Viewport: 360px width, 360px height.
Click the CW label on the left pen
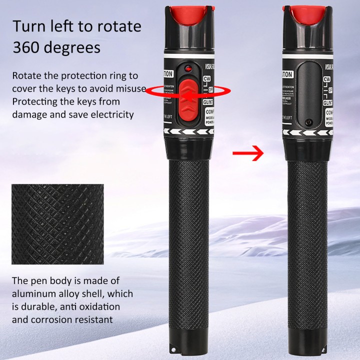pos(208,79)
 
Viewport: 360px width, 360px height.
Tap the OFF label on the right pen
pos(329,90)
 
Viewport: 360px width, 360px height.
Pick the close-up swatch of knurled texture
pos(57,224)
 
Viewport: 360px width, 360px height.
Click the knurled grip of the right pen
pos(306,240)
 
